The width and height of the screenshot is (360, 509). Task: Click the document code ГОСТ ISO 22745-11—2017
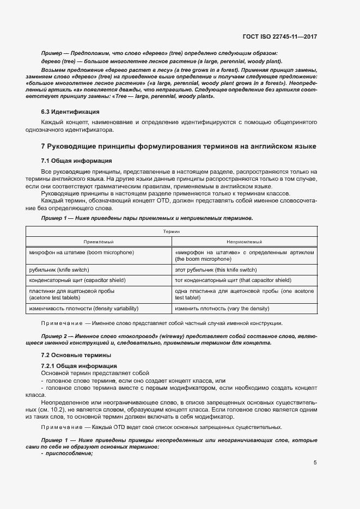279,36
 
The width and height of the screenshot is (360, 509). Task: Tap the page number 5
315,463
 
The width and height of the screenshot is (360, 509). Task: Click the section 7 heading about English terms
179,147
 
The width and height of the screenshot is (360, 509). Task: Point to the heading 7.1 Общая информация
77,161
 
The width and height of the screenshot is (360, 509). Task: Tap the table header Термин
171,231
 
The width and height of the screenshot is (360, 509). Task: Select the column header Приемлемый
98,242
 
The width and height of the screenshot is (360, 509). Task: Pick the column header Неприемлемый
245,242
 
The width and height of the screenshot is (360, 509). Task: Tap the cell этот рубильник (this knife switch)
215,269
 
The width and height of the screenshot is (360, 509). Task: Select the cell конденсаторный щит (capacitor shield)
77,280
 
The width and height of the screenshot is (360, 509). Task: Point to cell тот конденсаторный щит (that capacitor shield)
233,280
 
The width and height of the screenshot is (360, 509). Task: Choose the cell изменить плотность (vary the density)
222,309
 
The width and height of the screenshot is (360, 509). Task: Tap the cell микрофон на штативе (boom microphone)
81,252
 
